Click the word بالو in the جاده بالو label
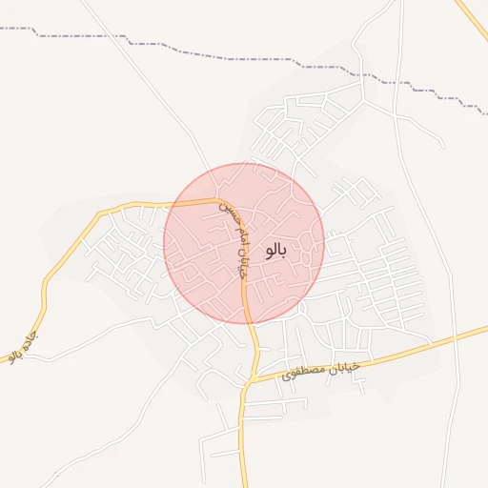tap(14, 356)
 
